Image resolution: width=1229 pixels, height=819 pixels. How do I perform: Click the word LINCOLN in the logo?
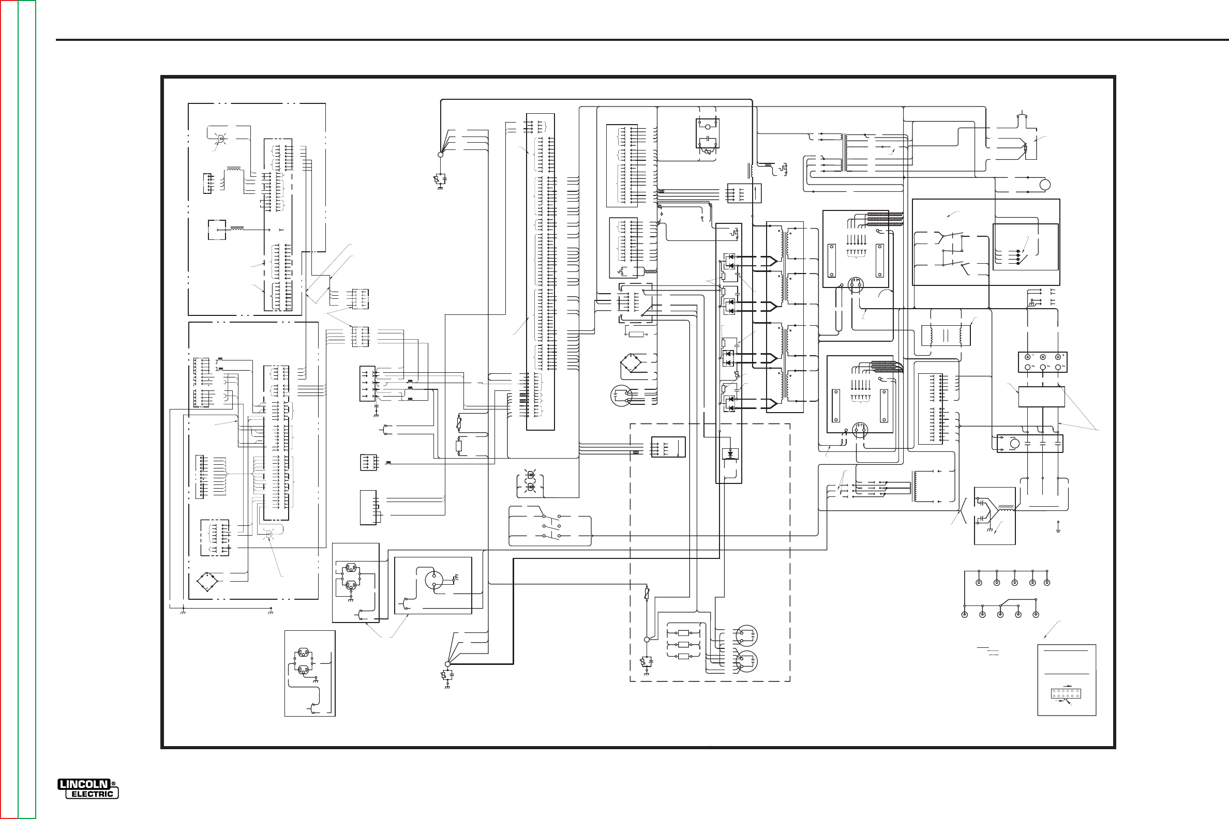click(84, 784)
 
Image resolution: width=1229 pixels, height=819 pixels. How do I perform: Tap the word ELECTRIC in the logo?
click(92, 794)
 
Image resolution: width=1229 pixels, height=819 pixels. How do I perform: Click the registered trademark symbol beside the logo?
click(113, 784)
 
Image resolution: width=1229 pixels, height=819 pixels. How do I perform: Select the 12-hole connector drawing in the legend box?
click(1066, 694)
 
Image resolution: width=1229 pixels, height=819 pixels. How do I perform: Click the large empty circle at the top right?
click(1044, 185)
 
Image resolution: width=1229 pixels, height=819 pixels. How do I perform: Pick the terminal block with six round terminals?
click(1042, 362)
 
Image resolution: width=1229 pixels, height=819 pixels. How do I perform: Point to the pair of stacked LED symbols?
click(531, 481)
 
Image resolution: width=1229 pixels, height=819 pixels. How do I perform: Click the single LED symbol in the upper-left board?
click(221, 139)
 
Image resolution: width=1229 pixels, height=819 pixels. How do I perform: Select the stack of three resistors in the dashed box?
click(683, 645)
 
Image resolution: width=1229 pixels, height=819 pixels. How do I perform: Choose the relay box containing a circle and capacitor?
click(708, 134)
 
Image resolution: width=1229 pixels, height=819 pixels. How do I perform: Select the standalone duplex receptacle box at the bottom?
click(310, 673)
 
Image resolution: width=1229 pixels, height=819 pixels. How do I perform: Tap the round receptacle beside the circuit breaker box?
click(433, 579)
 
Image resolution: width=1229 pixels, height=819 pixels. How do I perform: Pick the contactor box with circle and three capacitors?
click(1030, 444)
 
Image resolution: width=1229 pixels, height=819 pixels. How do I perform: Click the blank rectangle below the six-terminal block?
click(1041, 397)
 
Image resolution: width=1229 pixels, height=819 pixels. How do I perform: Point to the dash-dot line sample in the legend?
click(993, 655)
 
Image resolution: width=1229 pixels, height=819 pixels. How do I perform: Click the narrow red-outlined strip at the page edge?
click(9, 410)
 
